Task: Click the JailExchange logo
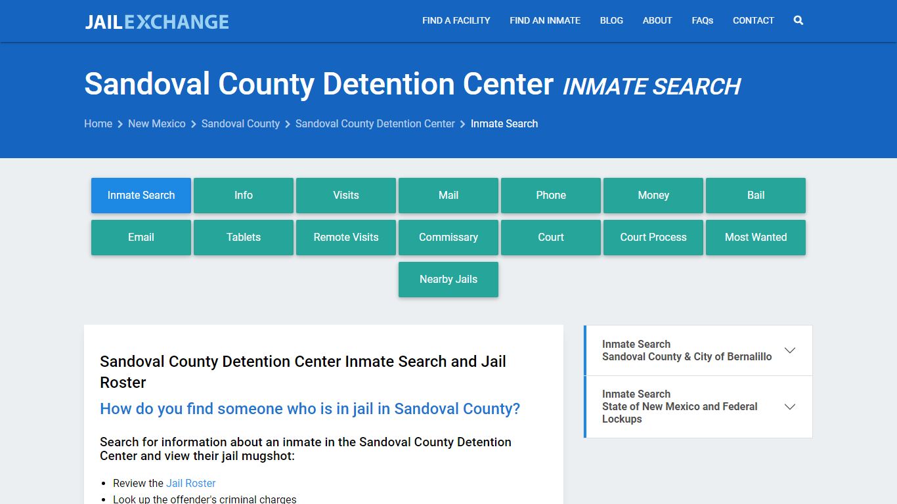[x=157, y=22]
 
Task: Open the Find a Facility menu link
[x=456, y=20]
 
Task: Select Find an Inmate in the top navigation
[x=545, y=20]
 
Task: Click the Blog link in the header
[x=611, y=20]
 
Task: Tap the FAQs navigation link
[x=702, y=20]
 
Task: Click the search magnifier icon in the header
[x=799, y=20]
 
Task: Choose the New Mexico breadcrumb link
[x=156, y=123]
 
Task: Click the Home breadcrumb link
[x=98, y=123]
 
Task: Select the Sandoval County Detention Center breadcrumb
[x=375, y=123]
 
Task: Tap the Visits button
[x=346, y=195]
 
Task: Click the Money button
[x=653, y=195]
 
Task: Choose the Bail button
[x=756, y=195]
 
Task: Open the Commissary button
[x=448, y=237]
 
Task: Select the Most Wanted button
[x=756, y=237]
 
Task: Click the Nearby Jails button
[x=448, y=279]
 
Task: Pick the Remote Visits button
[x=346, y=237]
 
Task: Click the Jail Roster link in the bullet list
[x=190, y=483]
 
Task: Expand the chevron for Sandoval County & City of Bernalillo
[x=790, y=350]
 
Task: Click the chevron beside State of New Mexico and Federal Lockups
[x=790, y=407]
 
